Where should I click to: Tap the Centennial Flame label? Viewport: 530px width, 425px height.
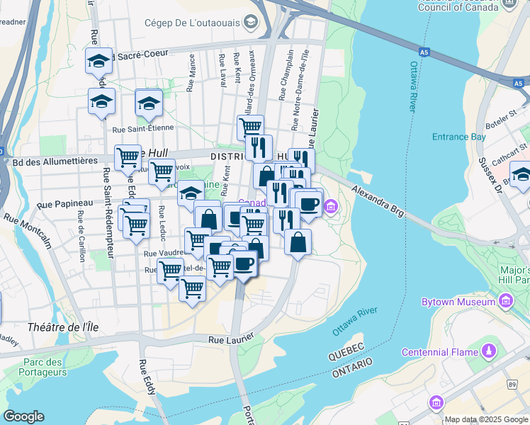[440, 352]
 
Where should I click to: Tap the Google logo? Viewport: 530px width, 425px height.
[24, 416]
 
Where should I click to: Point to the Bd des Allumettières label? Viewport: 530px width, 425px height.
[54, 161]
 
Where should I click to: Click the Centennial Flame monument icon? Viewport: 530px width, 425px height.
[488, 351]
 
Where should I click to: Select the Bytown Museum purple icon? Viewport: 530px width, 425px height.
[505, 302]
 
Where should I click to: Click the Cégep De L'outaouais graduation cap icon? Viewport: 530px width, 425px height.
[250, 23]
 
